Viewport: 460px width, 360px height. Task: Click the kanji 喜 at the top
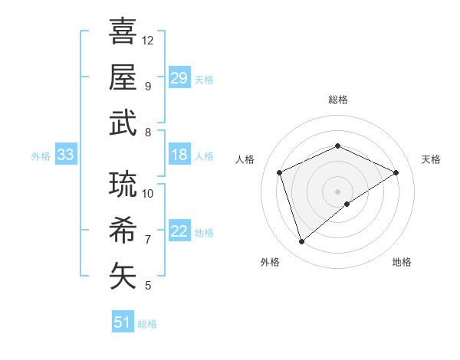point(123,31)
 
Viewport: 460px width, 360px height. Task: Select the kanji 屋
point(123,77)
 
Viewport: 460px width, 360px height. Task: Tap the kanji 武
point(123,123)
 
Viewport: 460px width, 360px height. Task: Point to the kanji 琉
point(123,184)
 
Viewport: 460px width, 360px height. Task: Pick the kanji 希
point(123,230)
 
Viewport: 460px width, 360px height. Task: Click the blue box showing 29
point(179,78)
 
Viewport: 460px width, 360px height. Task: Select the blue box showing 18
point(179,155)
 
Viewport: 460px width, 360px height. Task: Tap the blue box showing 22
point(179,232)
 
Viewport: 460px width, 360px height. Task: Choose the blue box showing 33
point(65,155)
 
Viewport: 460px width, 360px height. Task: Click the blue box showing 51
point(122,322)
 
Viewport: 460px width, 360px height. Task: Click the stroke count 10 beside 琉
point(148,193)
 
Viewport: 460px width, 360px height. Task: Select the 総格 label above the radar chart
point(337,100)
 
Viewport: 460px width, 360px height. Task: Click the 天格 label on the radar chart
point(431,159)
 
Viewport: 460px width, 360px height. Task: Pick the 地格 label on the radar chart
point(402,262)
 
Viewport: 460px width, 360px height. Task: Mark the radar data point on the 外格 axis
point(302,242)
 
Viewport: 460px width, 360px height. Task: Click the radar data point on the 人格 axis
point(280,172)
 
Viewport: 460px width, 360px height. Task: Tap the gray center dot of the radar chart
point(337,191)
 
